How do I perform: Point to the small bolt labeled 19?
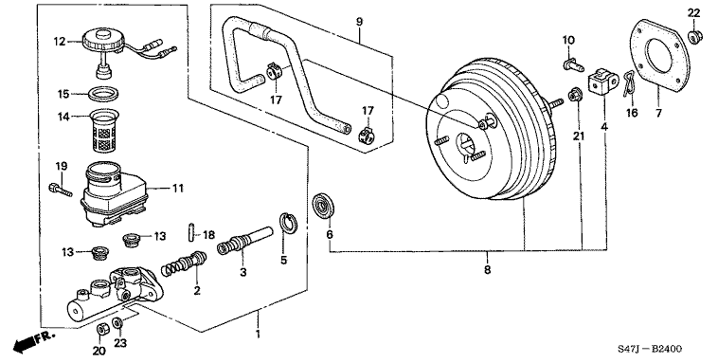click(59, 191)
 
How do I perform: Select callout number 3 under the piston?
click(243, 273)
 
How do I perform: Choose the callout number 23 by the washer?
click(117, 342)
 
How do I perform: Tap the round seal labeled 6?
click(326, 204)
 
